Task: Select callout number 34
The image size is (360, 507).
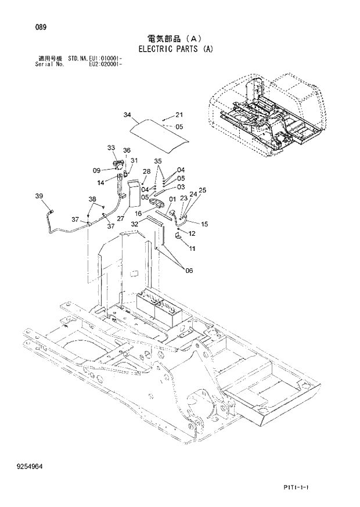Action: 127,114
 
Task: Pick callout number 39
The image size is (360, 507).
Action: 39,197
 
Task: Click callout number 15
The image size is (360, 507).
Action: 204,224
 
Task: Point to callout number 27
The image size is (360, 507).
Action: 121,218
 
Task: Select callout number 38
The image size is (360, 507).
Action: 92,199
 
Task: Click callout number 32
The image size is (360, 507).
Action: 135,224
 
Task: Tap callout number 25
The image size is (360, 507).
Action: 202,190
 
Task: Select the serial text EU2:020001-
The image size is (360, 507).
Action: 105,63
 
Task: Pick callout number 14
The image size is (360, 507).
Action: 101,182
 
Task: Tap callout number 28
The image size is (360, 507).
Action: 146,171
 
